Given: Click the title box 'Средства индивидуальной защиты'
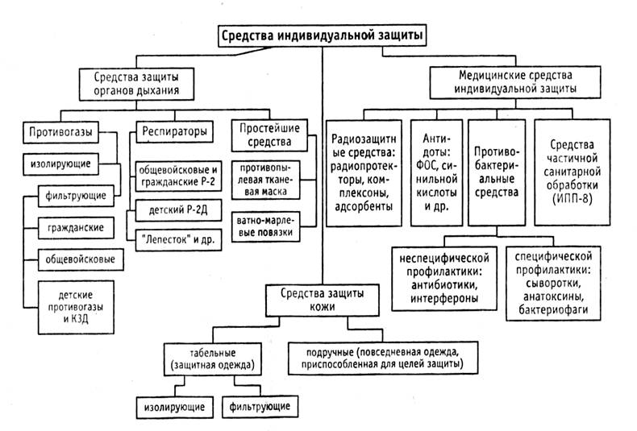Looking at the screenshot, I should (322, 36).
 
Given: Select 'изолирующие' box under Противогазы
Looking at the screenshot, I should (66, 164).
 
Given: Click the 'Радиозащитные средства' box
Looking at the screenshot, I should (363, 170).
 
